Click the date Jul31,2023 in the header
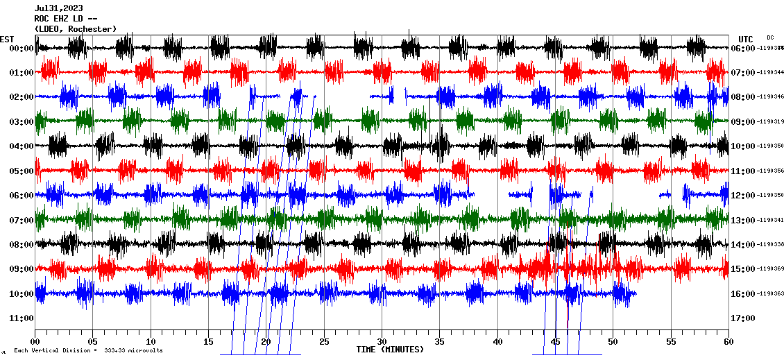click(x=57, y=9)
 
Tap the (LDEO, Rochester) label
click(x=76, y=28)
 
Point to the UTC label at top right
click(x=746, y=39)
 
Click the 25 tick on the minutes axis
click(x=324, y=342)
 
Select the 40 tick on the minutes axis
click(x=497, y=342)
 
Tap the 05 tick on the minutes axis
click(x=93, y=342)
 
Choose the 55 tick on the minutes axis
click(x=671, y=342)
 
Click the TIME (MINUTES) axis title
click(x=390, y=350)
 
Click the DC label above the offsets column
click(x=770, y=37)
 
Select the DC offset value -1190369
click(x=771, y=269)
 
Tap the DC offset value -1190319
click(x=771, y=122)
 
